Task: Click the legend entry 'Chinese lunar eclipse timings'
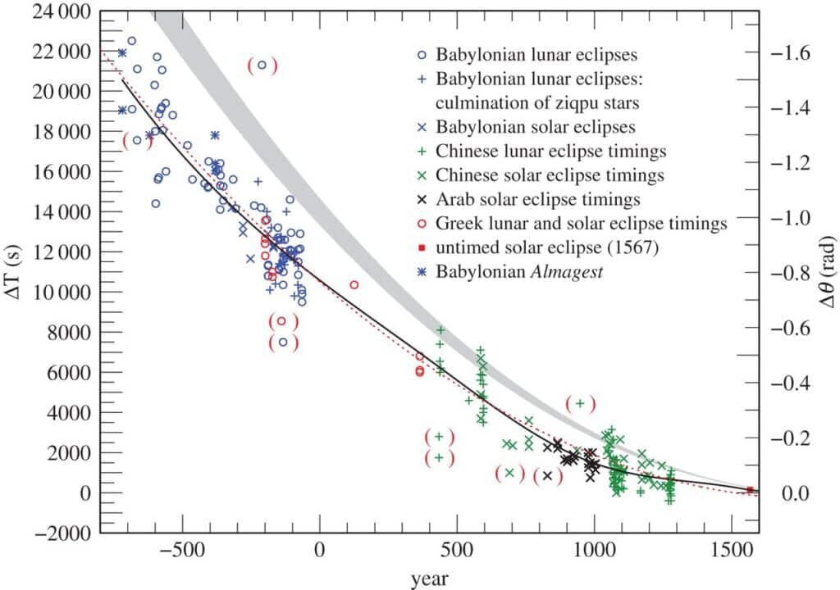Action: coord(550,151)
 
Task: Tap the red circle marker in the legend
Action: coord(421,223)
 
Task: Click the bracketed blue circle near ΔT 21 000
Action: coord(262,66)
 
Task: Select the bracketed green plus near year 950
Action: coord(580,403)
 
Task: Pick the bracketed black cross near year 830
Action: coord(547,475)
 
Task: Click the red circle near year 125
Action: coord(354,285)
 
